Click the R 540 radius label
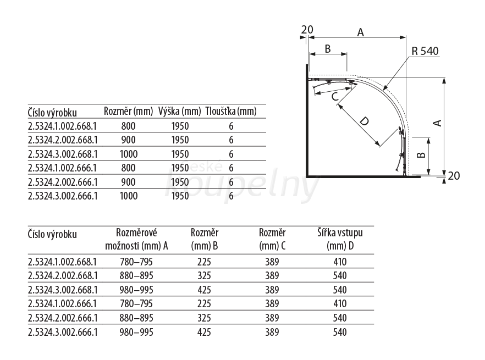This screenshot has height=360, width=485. pyautogui.click(x=425, y=51)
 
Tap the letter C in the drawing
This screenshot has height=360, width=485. pyautogui.click(x=335, y=97)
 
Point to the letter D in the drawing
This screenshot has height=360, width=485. pyautogui.click(x=365, y=121)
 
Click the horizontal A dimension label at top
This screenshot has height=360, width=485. pyautogui.click(x=360, y=32)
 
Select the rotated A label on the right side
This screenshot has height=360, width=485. pyautogui.click(x=437, y=123)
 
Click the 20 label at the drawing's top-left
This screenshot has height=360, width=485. pyautogui.click(x=307, y=30)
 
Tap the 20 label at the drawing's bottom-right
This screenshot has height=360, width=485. pyautogui.click(x=454, y=176)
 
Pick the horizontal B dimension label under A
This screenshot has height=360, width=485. pyautogui.click(x=328, y=49)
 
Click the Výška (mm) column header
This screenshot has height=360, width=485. pyautogui.click(x=180, y=111)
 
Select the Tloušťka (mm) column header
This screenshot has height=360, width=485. pyautogui.click(x=231, y=111)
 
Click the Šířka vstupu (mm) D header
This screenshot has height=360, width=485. pyautogui.click(x=340, y=239)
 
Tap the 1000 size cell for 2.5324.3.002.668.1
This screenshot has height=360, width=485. pyautogui.click(x=129, y=154)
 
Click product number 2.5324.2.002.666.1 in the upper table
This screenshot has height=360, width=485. pyautogui.click(x=63, y=182)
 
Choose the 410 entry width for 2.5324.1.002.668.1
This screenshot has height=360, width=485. pyautogui.click(x=340, y=262)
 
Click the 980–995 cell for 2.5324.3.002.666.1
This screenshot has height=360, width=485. pyautogui.click(x=136, y=332)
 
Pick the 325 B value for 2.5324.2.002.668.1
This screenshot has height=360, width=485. pyautogui.click(x=204, y=275)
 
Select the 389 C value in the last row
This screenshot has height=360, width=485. pyautogui.click(x=272, y=332)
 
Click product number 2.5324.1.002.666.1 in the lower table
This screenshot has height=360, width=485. pyautogui.click(x=63, y=304)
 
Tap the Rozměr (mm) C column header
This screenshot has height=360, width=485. pyautogui.click(x=273, y=239)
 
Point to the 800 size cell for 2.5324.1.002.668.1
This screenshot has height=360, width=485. pyautogui.click(x=128, y=126)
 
